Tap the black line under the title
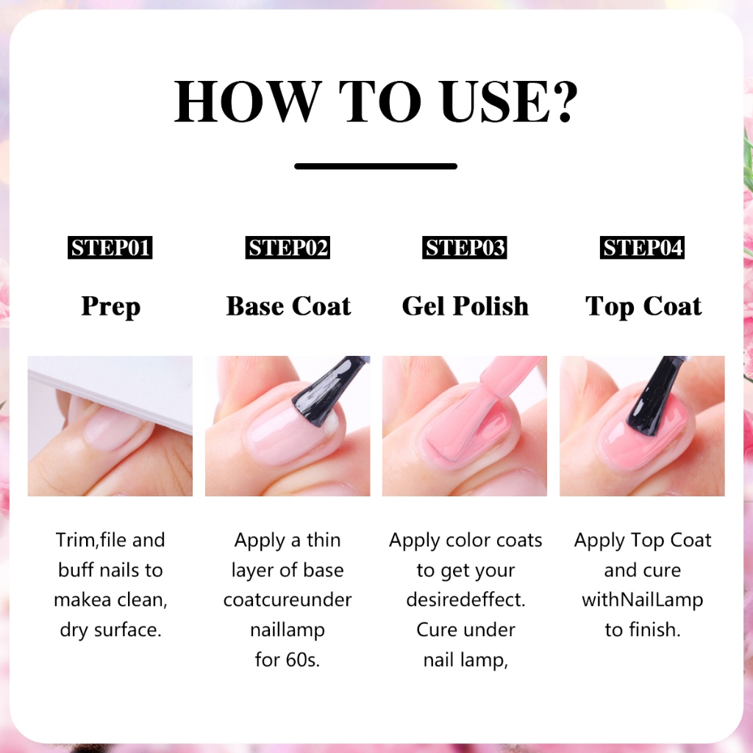(x=376, y=166)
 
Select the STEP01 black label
(x=110, y=248)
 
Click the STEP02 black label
(x=288, y=248)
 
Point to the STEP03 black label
(x=465, y=248)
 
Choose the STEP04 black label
(x=642, y=248)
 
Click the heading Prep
(x=110, y=307)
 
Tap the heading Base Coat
(x=288, y=306)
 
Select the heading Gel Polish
(x=465, y=306)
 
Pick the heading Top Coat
(x=643, y=307)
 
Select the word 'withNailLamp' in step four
(x=643, y=600)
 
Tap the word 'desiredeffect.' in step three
(x=465, y=599)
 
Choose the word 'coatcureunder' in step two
(x=288, y=600)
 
